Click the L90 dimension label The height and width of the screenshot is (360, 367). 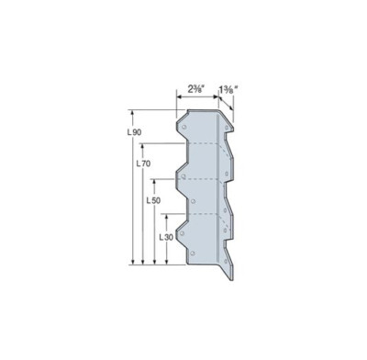click(133, 133)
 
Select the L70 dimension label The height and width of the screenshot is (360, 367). click(142, 163)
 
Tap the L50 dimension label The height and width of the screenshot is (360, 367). click(154, 199)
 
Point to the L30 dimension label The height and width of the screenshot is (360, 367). click(166, 236)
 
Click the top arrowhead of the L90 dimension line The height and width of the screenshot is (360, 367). click(134, 115)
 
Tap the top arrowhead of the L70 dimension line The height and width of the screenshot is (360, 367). click(143, 145)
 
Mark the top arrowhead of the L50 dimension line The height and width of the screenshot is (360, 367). click(153, 181)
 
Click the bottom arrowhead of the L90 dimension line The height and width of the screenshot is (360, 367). click(134, 264)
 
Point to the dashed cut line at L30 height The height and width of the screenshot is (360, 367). click(197, 214)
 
